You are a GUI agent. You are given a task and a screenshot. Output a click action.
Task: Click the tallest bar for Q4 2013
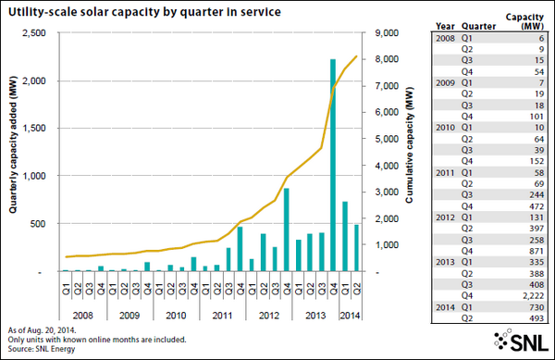[332, 167]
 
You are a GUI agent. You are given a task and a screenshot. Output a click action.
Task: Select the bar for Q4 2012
[286, 230]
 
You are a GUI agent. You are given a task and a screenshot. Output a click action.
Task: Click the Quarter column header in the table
[471, 27]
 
